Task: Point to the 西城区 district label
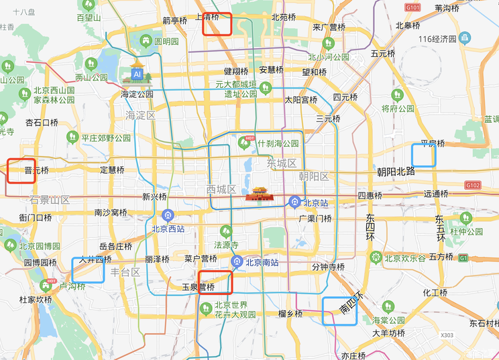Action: [x=221, y=189]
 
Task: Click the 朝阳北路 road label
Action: [x=396, y=172]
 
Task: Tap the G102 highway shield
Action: [x=473, y=185]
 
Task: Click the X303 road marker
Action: [x=447, y=335]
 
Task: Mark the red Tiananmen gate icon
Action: [x=260, y=194]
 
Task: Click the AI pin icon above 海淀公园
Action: [x=137, y=72]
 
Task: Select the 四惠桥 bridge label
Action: [x=370, y=196]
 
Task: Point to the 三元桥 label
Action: [x=328, y=119]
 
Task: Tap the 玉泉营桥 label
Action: [x=199, y=287]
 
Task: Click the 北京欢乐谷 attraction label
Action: [x=405, y=257]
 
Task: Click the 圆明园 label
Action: [x=166, y=41]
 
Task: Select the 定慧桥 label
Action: [x=112, y=170]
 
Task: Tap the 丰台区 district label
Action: [x=125, y=272]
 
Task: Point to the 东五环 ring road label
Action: [x=439, y=228]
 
